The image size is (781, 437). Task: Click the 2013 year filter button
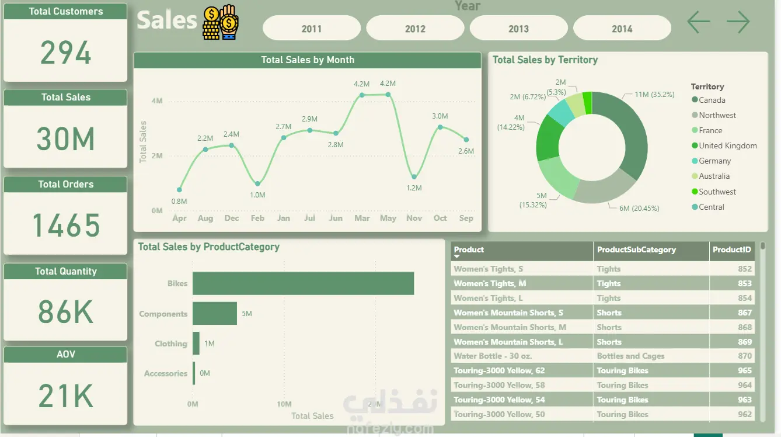tap(518, 29)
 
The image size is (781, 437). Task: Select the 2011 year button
tap(311, 29)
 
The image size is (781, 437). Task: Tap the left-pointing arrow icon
tap(698, 22)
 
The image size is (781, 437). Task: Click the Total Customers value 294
tap(65, 53)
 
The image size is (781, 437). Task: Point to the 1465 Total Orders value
tap(65, 226)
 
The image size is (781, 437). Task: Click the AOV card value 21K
tap(65, 396)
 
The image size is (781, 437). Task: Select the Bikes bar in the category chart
tap(303, 283)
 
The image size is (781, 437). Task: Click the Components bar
tap(215, 314)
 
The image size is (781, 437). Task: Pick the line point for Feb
tap(257, 184)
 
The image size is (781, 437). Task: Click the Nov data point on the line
tap(414, 176)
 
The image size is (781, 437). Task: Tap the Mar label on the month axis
tap(362, 218)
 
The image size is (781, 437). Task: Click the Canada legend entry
tap(712, 100)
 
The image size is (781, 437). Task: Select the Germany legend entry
tap(714, 161)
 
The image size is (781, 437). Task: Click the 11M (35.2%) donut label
tap(654, 94)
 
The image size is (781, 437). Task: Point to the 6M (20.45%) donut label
tap(639, 208)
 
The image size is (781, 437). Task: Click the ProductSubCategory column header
tap(636, 249)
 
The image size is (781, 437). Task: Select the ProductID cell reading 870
tap(744, 356)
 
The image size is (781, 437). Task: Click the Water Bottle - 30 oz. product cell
tap(493, 356)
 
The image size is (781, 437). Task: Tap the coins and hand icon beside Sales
tap(221, 22)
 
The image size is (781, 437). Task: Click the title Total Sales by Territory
tap(545, 60)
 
